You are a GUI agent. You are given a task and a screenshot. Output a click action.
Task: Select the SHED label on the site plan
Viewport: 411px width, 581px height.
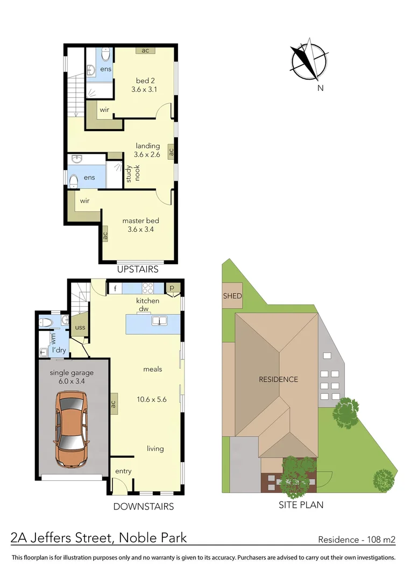[232, 296]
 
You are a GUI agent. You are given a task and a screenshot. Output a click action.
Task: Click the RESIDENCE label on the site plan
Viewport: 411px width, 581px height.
[278, 379]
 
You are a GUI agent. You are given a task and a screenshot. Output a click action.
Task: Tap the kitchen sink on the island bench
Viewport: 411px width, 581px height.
[160, 321]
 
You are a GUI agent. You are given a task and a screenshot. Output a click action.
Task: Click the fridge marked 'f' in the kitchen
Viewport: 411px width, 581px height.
[115, 289]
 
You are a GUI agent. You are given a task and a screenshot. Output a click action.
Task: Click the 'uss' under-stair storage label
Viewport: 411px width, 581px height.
[80, 327]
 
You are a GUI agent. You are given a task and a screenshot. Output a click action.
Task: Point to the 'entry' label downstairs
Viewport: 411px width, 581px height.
[123, 471]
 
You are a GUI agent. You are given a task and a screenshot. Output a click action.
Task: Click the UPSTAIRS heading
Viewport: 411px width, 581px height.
[138, 268]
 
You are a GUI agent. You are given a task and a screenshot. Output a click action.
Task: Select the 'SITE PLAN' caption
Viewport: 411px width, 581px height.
[301, 505]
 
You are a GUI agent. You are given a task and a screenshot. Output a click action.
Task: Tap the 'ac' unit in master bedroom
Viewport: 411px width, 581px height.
[105, 235]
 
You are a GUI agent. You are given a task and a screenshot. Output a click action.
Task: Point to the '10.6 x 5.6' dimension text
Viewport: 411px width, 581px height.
[152, 399]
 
